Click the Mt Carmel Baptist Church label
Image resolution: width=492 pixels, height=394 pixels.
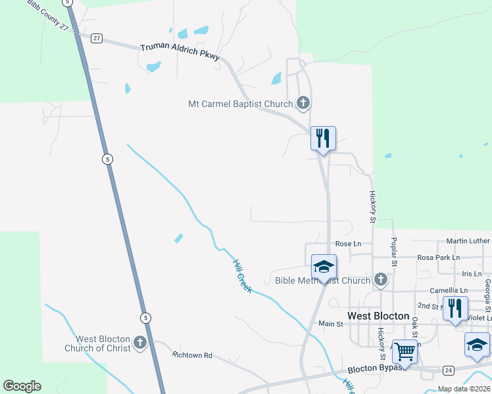[x=240, y=104]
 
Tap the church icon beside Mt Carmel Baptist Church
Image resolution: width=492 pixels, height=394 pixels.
[x=303, y=102]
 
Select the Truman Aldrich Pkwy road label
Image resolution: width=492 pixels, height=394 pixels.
[x=180, y=51]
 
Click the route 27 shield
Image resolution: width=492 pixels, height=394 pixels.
[x=97, y=37]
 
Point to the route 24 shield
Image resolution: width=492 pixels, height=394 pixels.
[x=448, y=370]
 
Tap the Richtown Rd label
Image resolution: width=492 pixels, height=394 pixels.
[x=192, y=355]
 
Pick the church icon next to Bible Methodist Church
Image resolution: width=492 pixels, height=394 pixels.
[x=380, y=280]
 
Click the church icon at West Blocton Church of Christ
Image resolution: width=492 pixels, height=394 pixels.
[x=139, y=342]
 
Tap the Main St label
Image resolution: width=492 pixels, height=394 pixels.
[x=331, y=324]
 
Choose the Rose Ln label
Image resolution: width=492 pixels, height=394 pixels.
[x=348, y=244]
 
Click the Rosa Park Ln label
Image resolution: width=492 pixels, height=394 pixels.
[x=438, y=257]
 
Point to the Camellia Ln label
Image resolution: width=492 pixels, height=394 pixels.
[x=449, y=290]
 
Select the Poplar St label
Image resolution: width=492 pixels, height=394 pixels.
[x=395, y=252]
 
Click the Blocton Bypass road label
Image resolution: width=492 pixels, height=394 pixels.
[x=374, y=369]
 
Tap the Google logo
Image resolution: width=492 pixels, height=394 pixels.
[x=22, y=386]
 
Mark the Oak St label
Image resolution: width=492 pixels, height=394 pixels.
[x=415, y=328]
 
